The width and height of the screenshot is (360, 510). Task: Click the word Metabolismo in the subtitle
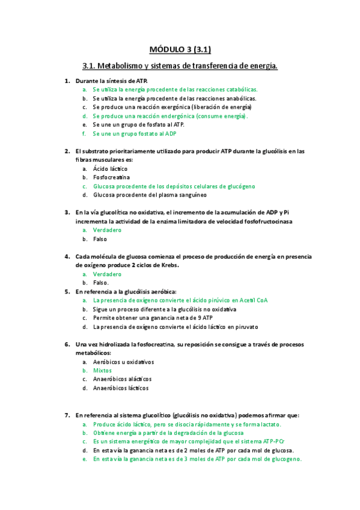118,65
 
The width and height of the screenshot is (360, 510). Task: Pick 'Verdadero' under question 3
107,230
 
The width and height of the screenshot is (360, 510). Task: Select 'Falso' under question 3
100,239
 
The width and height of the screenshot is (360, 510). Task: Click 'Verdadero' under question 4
107,274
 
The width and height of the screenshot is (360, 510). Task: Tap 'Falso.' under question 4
101,283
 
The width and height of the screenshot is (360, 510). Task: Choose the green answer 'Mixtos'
102,370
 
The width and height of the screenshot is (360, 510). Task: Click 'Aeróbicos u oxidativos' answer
123,362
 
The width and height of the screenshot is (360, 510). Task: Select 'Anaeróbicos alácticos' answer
122,379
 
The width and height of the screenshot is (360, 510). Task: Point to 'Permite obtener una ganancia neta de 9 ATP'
153,318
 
